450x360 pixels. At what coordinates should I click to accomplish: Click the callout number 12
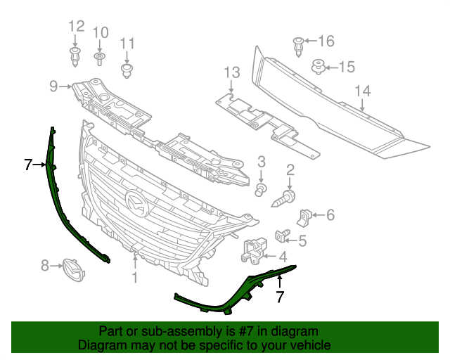(76, 27)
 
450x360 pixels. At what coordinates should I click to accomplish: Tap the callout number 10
(101, 32)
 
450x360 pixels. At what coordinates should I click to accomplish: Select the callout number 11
(127, 44)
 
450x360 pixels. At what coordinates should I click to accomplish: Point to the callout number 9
(53, 86)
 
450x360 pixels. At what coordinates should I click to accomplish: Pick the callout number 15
(347, 67)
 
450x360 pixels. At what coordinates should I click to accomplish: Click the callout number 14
(362, 91)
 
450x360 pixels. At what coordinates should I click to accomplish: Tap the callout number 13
(232, 72)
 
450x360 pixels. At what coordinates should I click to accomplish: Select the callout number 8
(45, 265)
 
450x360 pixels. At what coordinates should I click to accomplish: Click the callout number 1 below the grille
(134, 278)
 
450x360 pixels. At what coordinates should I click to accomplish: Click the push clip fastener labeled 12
(75, 56)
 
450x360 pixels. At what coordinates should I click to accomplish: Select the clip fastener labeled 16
(299, 45)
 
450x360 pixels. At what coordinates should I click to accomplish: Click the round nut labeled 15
(319, 67)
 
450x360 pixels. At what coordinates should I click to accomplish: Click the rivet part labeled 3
(260, 189)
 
